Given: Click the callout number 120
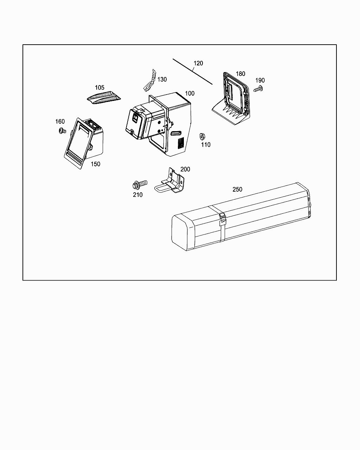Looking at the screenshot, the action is pos(198,63).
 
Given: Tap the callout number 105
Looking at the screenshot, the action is pos(99,88).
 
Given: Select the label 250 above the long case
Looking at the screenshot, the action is pos(237,189).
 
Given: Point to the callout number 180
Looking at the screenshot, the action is pos(240,74).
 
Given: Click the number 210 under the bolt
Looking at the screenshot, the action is pos(137,195).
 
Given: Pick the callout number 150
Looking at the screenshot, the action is pos(95,164).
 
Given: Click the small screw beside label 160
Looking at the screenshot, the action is pos(62,131).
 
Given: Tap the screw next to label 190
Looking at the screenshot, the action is pos(259,89).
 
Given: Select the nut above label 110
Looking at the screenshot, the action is pos(202,136).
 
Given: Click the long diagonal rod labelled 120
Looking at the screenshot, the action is pos(192,71).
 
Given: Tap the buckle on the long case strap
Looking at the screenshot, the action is pos(222,219).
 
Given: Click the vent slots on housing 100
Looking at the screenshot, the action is pos(181,143).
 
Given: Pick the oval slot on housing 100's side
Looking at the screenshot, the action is pos(176,133).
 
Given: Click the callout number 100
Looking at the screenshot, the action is pos(189,94).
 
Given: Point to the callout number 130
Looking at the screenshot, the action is pos(162,79).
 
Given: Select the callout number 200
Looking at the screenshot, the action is pos(185,169).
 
